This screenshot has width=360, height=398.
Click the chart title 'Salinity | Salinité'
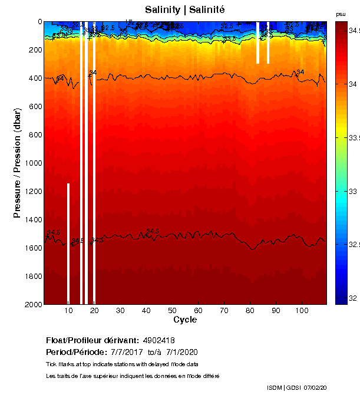click(x=185, y=9)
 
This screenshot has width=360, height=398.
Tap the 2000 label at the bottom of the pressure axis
click(x=32, y=304)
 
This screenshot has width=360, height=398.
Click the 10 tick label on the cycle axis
click(x=68, y=311)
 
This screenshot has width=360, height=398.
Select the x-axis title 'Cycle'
click(x=185, y=320)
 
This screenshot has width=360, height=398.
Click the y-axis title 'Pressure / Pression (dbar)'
click(x=17, y=163)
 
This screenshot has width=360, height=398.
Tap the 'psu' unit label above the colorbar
click(x=341, y=14)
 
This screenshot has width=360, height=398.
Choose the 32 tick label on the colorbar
click(x=351, y=298)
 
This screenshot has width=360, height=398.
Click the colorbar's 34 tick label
click(x=351, y=84)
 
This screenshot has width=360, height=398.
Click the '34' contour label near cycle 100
click(x=300, y=72)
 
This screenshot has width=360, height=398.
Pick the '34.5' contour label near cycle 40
click(x=153, y=231)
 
